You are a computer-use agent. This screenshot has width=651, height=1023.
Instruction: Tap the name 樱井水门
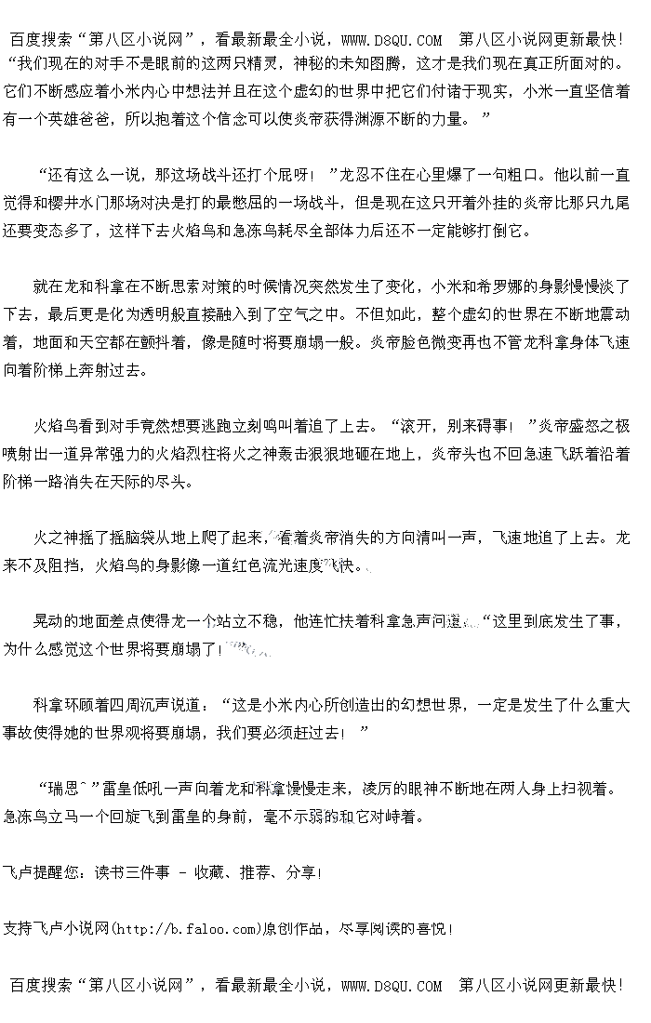(x=110, y=201)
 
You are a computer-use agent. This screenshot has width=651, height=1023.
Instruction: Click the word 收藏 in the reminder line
(x=209, y=873)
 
